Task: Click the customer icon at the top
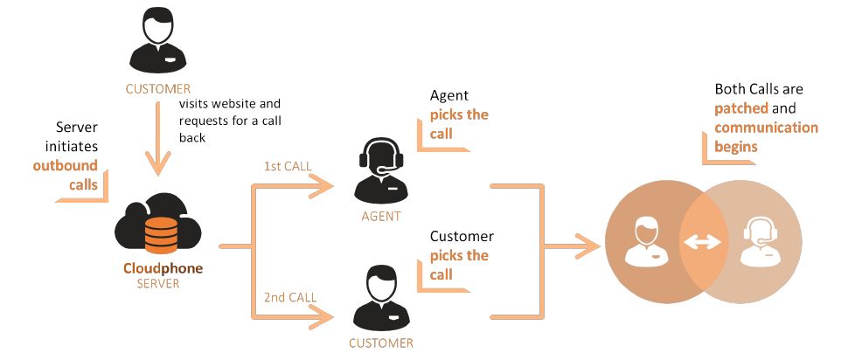tap(156, 42)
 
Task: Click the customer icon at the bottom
tap(380, 299)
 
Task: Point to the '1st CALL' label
tap(288, 166)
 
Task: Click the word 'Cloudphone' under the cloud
tap(163, 268)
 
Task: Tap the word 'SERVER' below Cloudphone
tap(158, 284)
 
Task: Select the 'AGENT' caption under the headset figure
tap(381, 217)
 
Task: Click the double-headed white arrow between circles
tap(702, 243)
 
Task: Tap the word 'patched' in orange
tap(740, 108)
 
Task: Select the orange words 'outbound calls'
tap(66, 173)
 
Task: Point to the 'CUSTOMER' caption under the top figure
tap(157, 88)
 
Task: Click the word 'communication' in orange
tap(766, 128)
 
